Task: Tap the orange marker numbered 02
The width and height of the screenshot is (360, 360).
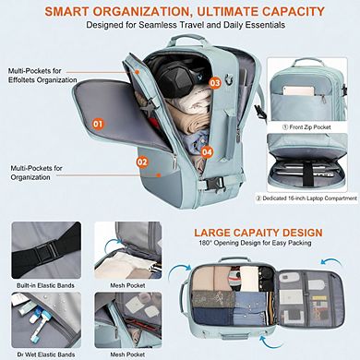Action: click(x=143, y=162)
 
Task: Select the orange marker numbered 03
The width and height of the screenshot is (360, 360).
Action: click(x=215, y=82)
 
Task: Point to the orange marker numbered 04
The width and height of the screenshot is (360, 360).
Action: click(x=208, y=152)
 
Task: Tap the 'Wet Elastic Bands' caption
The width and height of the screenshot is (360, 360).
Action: click(x=39, y=354)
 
